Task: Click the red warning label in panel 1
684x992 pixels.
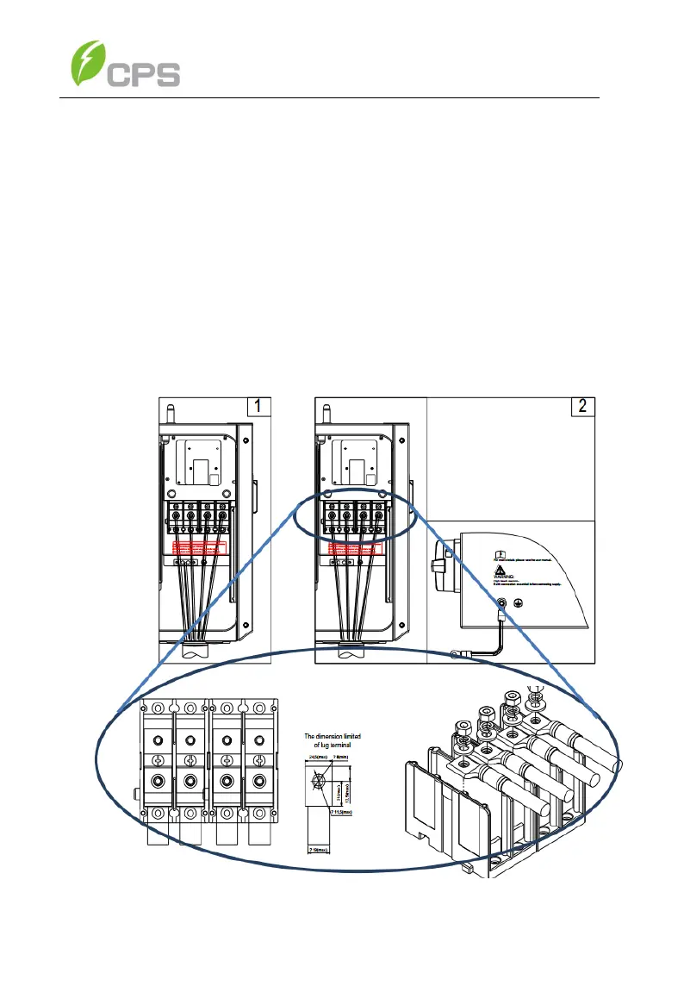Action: click(x=197, y=547)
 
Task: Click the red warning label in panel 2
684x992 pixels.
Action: click(x=355, y=547)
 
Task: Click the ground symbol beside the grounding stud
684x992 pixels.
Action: click(x=516, y=604)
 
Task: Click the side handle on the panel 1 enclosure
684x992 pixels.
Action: click(x=256, y=499)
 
